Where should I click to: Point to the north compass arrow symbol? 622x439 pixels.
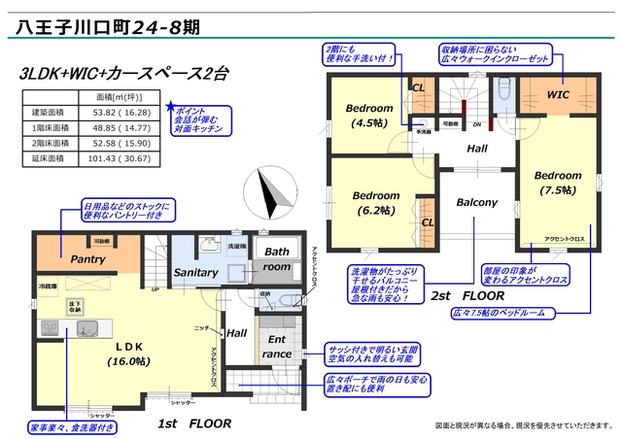point(269,190)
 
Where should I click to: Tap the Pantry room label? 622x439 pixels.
point(88,259)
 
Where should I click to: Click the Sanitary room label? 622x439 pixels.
point(195,273)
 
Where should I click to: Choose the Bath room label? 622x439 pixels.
point(277,258)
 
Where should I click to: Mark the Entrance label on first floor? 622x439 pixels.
point(276,346)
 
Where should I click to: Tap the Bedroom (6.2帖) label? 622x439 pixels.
point(375,201)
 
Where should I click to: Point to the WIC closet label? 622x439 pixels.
point(557,96)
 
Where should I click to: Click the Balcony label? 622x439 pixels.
point(476,203)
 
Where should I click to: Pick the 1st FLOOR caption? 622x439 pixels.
point(193,423)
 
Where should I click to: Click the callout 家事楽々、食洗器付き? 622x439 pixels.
point(72,426)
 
